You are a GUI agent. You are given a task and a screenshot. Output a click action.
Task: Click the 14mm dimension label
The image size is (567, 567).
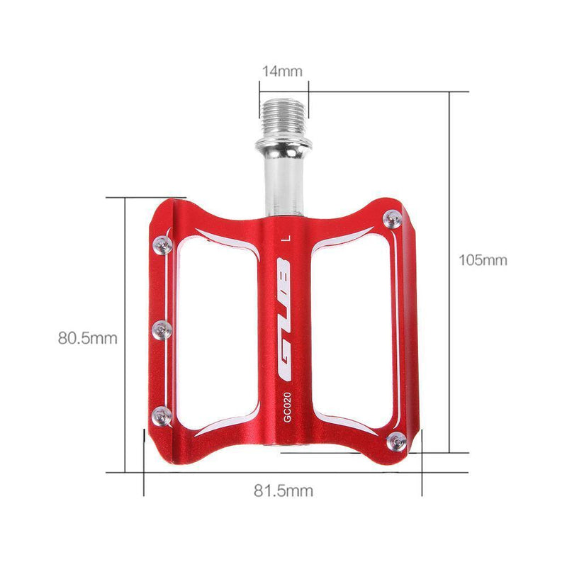click(x=283, y=71)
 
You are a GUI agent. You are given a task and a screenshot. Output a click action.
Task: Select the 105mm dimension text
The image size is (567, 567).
click(x=483, y=260)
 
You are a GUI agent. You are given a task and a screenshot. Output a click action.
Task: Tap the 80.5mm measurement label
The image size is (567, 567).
click(x=87, y=338)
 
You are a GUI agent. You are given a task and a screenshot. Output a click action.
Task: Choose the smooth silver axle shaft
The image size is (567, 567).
click(x=283, y=181)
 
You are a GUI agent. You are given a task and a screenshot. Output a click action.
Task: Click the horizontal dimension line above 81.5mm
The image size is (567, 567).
click(x=283, y=471)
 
